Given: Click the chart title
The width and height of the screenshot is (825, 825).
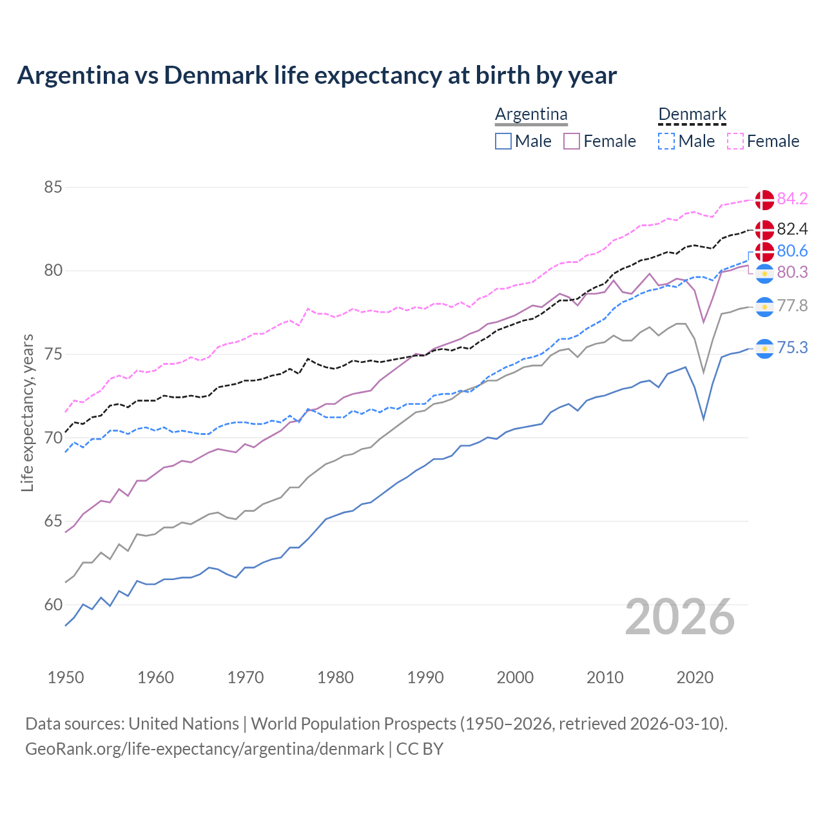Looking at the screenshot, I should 316,75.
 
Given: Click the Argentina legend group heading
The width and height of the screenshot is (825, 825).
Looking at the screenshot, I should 531,115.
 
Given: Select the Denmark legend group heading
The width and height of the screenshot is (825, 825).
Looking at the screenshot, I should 692,115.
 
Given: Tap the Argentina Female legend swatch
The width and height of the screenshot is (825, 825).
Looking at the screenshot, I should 572,141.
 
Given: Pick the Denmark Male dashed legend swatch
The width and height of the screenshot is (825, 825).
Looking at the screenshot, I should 666,141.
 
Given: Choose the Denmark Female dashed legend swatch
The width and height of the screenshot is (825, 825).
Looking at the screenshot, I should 735,141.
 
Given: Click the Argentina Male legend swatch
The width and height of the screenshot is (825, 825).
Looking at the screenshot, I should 503,141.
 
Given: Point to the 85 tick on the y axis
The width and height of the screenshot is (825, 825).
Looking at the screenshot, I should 53,188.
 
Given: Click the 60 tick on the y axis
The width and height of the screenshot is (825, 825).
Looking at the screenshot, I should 53,605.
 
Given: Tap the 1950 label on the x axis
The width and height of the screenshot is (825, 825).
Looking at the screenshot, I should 66,677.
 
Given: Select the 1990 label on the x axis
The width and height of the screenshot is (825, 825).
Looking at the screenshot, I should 425,677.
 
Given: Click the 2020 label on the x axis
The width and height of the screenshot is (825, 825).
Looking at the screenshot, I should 695,677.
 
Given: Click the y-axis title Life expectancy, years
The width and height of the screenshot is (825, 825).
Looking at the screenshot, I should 28,412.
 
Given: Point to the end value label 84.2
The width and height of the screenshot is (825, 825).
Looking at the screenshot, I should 792,199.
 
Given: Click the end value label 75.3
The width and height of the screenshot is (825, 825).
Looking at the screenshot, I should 792,348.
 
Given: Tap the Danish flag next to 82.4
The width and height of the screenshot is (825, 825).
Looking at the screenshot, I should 764,229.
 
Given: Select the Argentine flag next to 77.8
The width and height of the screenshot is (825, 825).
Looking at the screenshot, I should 764,307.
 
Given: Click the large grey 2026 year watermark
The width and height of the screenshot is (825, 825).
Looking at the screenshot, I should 680,617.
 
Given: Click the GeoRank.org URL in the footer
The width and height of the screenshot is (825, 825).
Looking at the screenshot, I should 204,749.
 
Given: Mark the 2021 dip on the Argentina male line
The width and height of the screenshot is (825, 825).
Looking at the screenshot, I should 703,420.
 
